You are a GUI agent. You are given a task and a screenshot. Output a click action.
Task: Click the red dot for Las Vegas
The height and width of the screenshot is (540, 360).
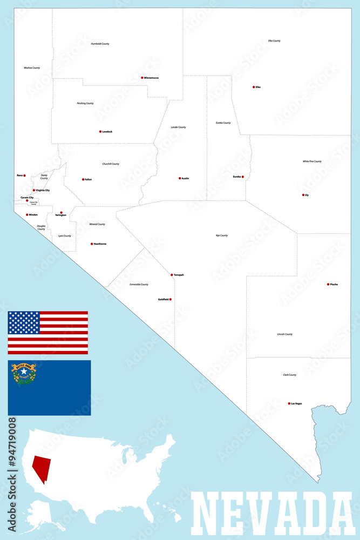289,403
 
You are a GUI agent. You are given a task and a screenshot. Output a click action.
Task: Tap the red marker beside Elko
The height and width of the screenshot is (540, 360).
254,87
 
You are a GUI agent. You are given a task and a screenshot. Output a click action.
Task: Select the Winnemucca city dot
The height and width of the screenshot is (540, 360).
142,78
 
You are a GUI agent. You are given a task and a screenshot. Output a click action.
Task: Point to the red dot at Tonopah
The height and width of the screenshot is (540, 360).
172,275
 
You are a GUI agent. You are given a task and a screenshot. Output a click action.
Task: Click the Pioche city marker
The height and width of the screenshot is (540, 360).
328,284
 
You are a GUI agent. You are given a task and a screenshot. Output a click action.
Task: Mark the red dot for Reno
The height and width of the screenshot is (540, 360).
24,175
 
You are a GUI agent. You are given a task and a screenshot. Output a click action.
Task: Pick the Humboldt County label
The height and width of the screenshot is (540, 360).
100,44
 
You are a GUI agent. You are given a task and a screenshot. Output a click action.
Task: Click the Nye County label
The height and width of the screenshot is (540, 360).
222,235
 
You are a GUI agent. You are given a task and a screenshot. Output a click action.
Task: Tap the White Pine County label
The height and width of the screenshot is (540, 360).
312,161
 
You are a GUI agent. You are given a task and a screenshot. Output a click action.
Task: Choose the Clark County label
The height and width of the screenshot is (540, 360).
289,375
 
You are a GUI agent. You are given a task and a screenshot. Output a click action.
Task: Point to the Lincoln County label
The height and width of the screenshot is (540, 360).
284,334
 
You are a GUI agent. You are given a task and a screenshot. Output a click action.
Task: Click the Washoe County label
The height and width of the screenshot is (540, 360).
32,68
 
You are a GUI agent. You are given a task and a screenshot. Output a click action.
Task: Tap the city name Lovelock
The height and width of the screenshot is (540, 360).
107,132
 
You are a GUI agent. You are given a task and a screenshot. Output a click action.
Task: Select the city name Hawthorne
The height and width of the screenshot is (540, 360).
100,244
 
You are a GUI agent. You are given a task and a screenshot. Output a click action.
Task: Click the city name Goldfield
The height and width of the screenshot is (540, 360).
163,299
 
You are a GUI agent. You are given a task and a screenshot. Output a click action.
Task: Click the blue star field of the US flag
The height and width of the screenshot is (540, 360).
24,322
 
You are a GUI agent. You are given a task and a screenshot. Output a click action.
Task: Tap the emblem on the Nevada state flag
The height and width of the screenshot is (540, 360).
24,373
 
